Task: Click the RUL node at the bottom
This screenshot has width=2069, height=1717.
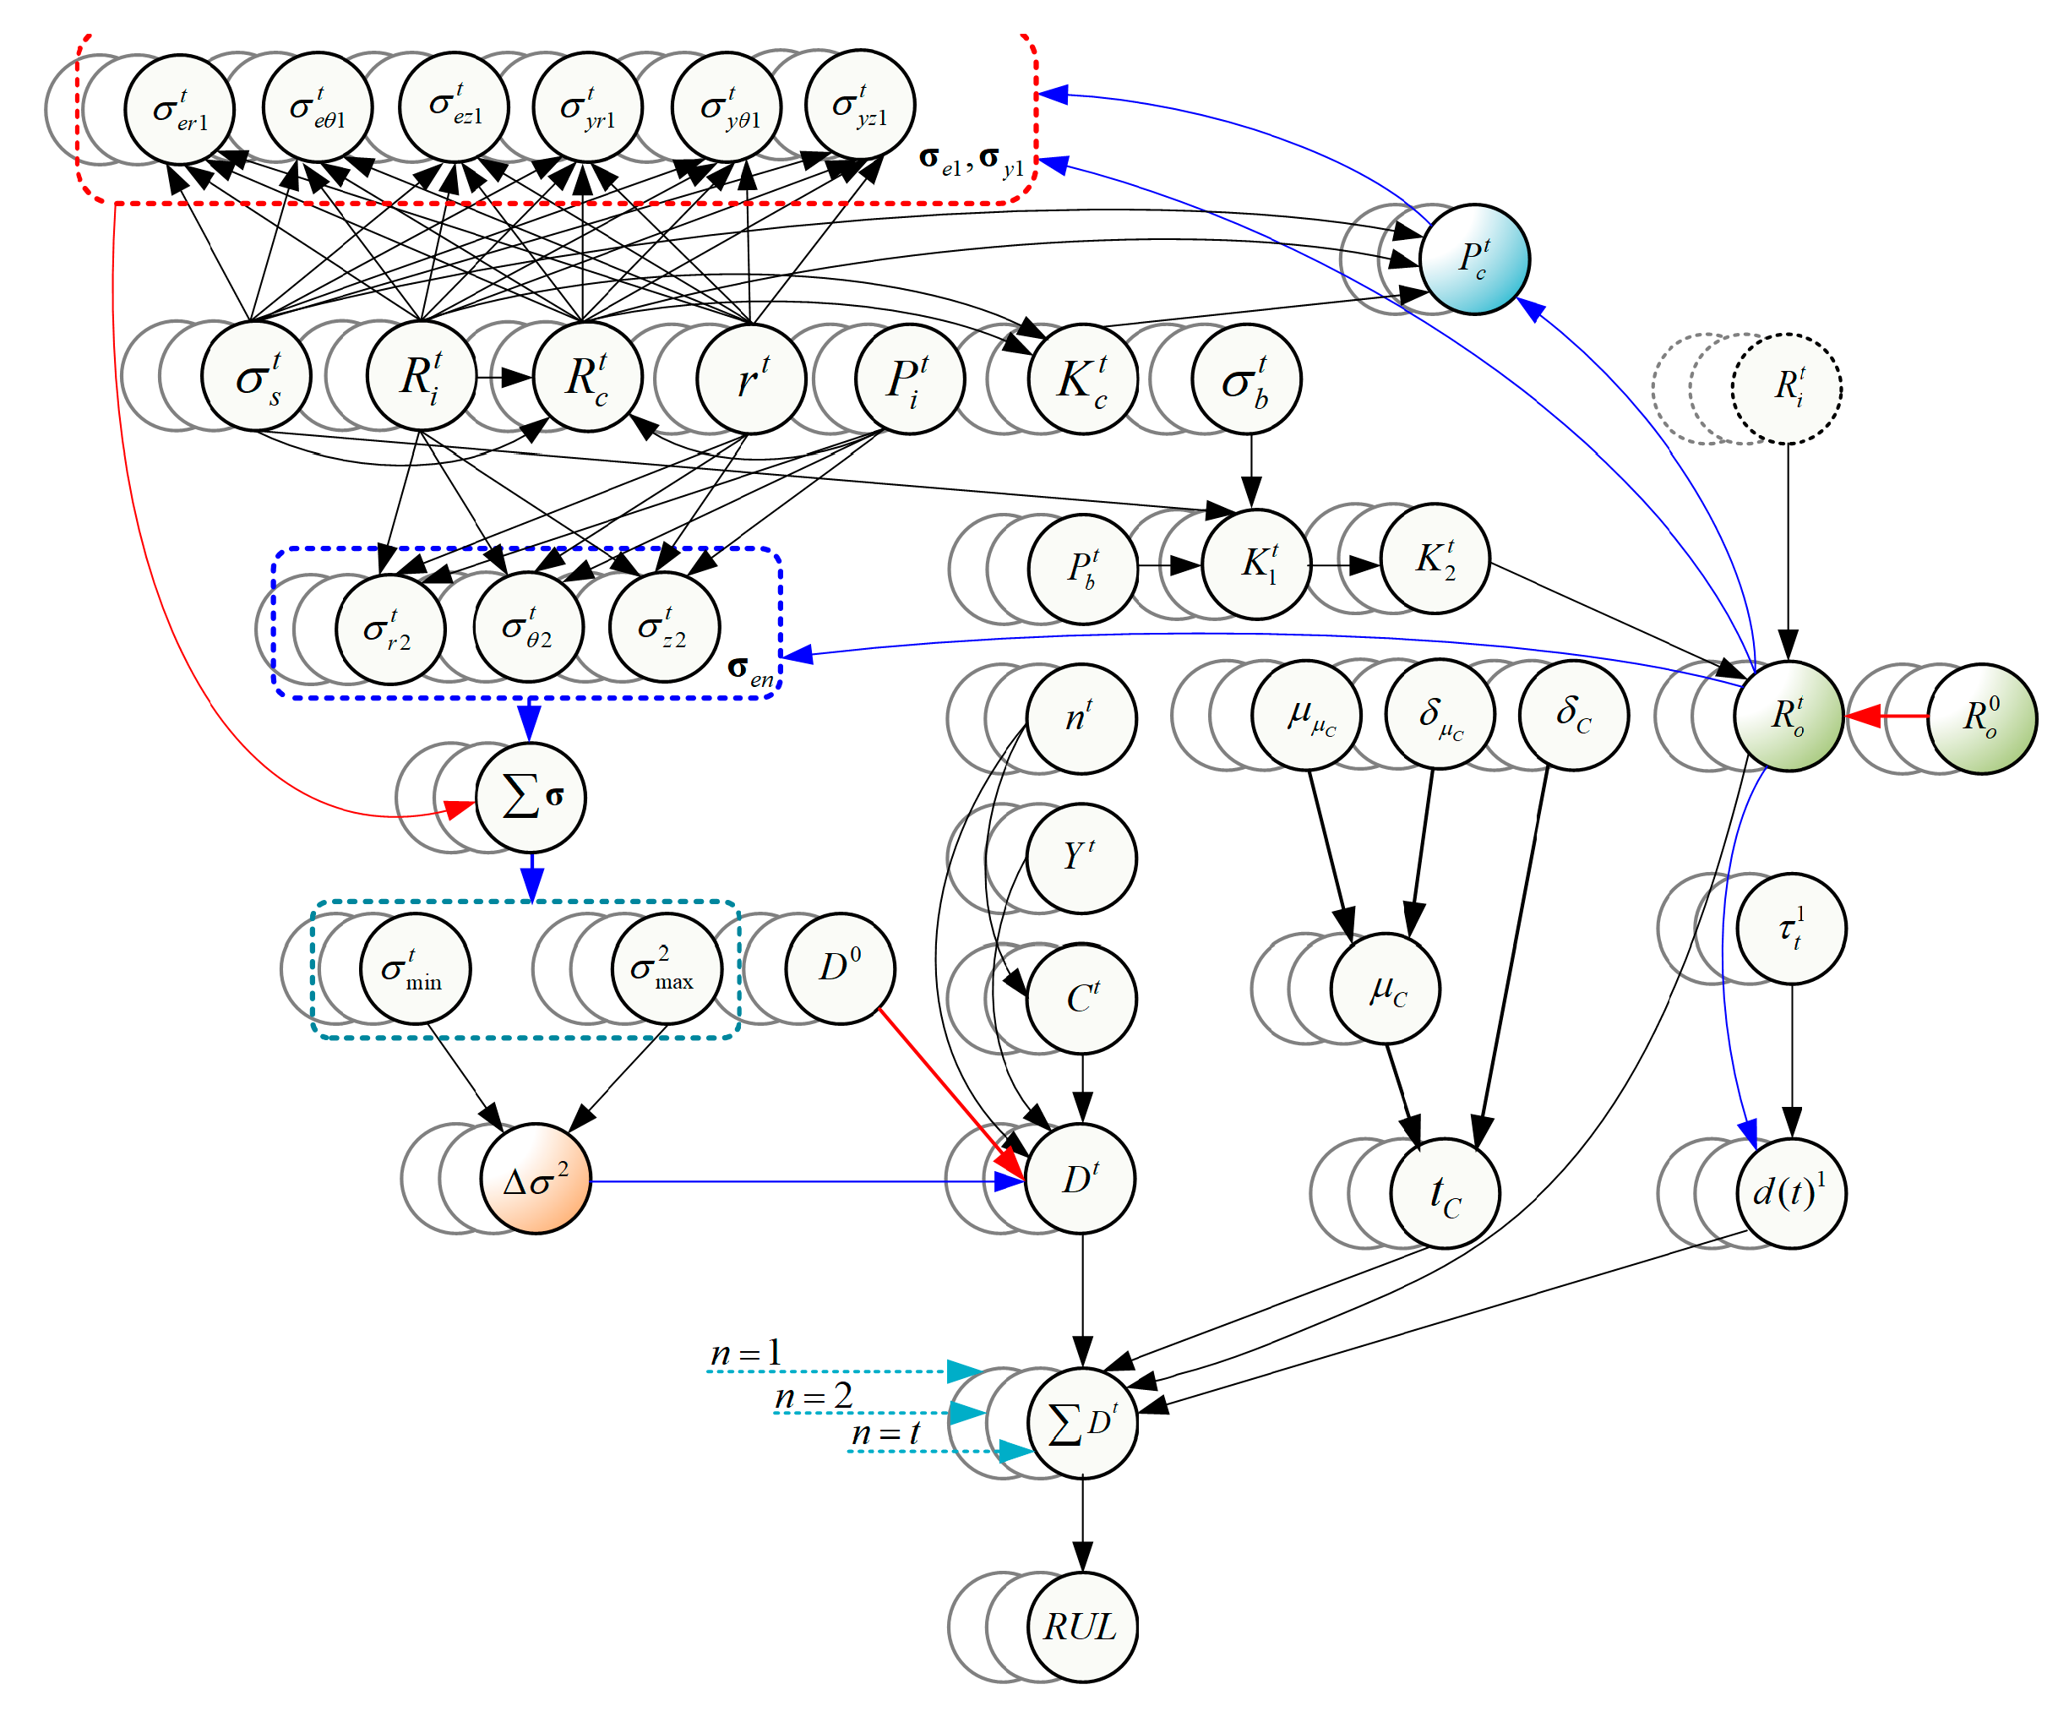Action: click(x=1081, y=1627)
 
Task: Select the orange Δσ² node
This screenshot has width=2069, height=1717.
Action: click(x=535, y=1179)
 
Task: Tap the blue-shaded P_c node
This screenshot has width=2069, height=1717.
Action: click(x=1474, y=259)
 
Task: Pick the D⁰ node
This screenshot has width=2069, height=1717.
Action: click(x=840, y=968)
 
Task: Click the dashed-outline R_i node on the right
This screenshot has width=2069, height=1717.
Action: click(x=1786, y=389)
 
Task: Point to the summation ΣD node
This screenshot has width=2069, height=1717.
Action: click(x=1081, y=1422)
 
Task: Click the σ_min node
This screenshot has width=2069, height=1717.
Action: click(x=415, y=970)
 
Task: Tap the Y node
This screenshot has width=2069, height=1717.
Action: click(x=1081, y=858)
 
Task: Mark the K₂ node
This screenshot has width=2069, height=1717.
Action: click(x=1435, y=559)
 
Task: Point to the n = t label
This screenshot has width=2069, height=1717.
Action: click(x=885, y=1433)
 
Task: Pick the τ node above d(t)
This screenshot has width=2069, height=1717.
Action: click(x=1791, y=929)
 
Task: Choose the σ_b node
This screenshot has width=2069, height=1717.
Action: click(x=1245, y=379)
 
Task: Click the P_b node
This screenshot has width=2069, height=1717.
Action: click(x=1081, y=569)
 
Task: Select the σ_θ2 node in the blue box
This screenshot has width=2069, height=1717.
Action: click(x=527, y=628)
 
